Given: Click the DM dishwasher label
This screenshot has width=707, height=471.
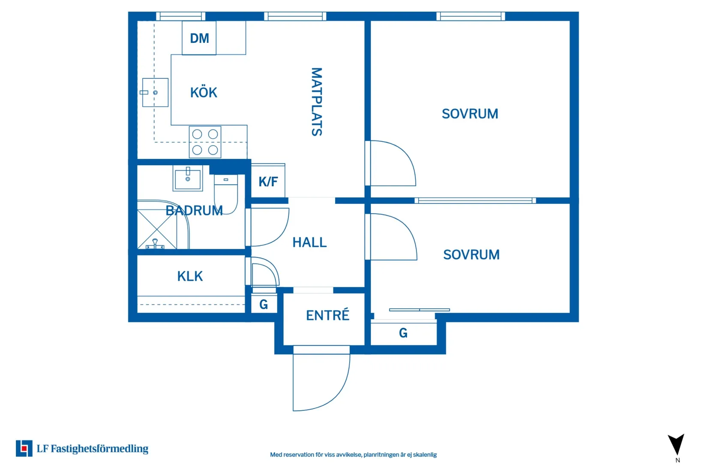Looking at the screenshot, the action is [200, 38].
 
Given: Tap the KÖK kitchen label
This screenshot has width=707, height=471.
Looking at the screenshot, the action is [204, 92].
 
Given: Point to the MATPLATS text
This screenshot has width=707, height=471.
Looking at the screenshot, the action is [317, 101].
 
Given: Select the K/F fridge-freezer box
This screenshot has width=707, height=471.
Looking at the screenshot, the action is [268, 180].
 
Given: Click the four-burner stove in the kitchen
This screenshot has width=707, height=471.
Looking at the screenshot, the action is [205, 142].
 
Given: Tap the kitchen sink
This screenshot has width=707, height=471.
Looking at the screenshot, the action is [155, 92].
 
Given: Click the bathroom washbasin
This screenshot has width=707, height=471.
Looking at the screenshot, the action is [188, 179].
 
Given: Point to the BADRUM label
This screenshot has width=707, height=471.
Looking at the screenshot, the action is [194, 210].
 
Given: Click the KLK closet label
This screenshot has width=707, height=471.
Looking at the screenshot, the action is [190, 276].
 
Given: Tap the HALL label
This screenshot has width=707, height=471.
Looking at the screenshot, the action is [309, 242].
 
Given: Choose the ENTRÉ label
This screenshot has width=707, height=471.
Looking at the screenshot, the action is [328, 315].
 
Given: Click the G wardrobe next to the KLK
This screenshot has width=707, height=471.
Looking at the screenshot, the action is [264, 304].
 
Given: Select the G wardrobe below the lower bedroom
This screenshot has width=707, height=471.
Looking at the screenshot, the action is [403, 333].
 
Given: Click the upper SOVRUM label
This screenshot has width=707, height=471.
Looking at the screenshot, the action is [470, 114].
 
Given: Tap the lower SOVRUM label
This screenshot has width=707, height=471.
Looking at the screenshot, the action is [471, 255].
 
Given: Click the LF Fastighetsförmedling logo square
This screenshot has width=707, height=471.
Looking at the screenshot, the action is [24, 448].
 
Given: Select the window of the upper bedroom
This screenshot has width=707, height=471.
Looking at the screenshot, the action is [470, 16].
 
